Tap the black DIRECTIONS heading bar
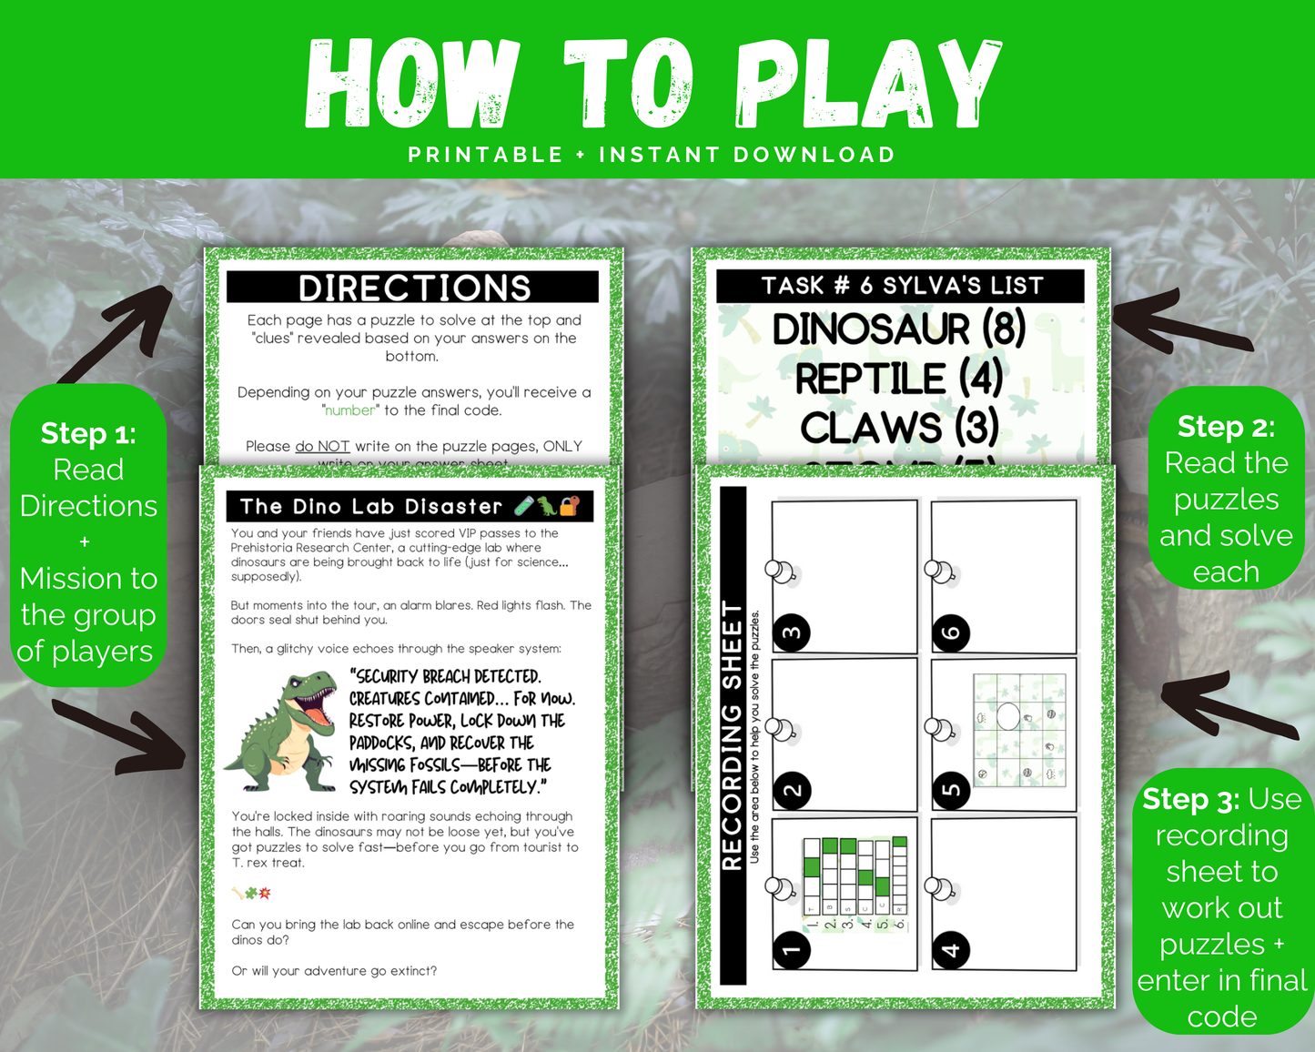pyautogui.click(x=413, y=288)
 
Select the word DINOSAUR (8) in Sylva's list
pyautogui.click(x=899, y=329)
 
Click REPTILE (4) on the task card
pyautogui.click(x=898, y=379)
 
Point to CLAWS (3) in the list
pyautogui.click(x=899, y=427)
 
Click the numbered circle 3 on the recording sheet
pyautogui.click(x=792, y=632)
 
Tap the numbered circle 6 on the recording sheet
pyautogui.click(x=951, y=632)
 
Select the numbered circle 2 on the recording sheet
pyautogui.click(x=792, y=790)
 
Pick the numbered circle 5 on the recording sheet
pyautogui.click(x=951, y=790)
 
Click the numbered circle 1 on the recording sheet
pyautogui.click(x=792, y=950)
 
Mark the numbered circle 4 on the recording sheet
pyautogui.click(x=951, y=950)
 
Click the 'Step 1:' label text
pyautogui.click(x=88, y=433)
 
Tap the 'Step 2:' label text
pyautogui.click(x=1226, y=426)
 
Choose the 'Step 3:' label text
pyautogui.click(x=1191, y=799)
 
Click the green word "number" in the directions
pyautogui.click(x=349, y=410)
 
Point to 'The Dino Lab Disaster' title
pyautogui.click(x=370, y=507)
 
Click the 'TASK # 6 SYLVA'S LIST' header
pyautogui.click(x=901, y=286)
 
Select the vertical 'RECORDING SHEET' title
pyautogui.click(x=733, y=735)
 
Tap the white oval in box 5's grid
pyautogui.click(x=1008, y=716)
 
